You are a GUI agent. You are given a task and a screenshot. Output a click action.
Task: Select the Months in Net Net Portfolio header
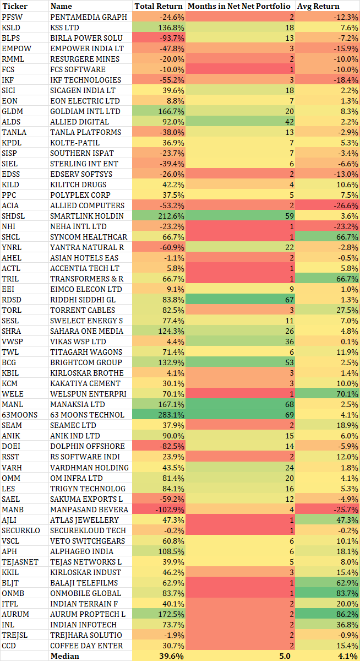click(240, 6)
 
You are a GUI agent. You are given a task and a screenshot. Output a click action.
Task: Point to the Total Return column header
click(159, 6)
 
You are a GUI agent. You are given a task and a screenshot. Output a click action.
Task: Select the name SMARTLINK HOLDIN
click(87, 216)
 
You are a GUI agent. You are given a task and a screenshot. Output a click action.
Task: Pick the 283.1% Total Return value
click(172, 415)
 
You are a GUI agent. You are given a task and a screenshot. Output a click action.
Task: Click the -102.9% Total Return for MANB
click(170, 510)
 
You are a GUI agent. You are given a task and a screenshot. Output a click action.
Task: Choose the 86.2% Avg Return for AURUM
click(346, 614)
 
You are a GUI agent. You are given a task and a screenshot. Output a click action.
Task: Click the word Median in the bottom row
click(65, 656)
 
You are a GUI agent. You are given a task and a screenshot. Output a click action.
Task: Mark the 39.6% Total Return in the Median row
click(172, 656)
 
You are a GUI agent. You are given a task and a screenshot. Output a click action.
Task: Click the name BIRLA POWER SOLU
click(86, 38)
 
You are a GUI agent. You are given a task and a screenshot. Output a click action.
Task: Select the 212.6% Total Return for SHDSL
click(172, 216)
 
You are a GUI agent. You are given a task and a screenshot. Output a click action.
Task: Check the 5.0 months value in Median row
click(286, 656)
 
